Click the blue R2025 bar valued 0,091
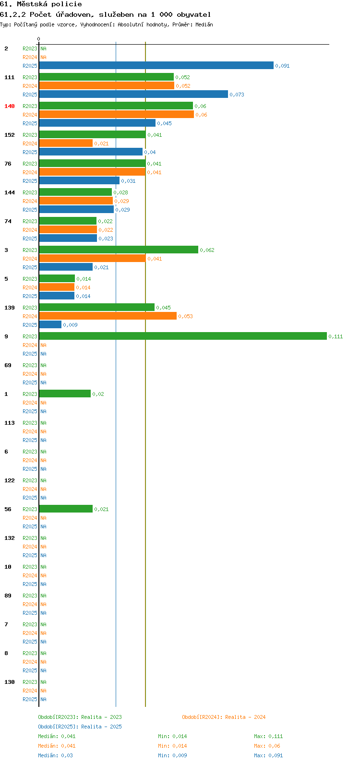(156, 65)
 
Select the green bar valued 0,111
(183, 336)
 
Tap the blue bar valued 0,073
(133, 94)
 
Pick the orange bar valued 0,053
(108, 316)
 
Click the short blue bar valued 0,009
(50, 325)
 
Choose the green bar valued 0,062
(119, 250)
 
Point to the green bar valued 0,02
(65, 394)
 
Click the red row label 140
(10, 106)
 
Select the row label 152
(10, 135)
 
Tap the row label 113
(10, 423)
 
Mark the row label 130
(10, 682)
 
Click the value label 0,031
(128, 181)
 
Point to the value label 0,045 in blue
(164, 123)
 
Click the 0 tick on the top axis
(38, 39)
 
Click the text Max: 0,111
(268, 736)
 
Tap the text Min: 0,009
(172, 755)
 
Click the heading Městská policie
(49, 4)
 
